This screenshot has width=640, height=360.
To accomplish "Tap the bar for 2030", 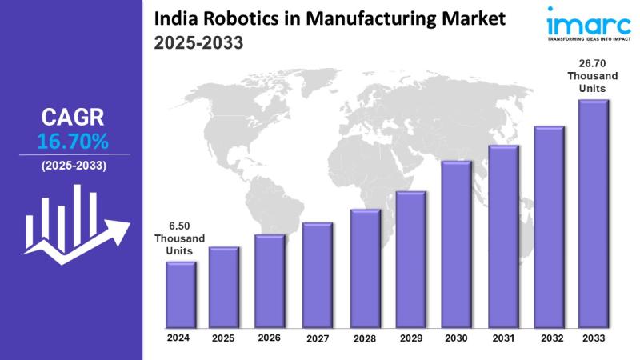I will (x=456, y=244).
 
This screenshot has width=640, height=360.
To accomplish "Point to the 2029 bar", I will (x=410, y=259).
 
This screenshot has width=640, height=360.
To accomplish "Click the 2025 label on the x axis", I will (x=224, y=338).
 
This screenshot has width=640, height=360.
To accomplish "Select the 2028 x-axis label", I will (x=364, y=338).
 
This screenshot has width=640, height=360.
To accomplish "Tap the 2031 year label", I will (x=502, y=338).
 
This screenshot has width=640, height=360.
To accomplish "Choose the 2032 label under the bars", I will (x=549, y=338).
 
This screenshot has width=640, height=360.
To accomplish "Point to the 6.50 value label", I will (x=179, y=226).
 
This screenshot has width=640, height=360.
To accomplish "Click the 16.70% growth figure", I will (x=73, y=142).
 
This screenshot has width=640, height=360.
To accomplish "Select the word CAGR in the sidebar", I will (x=73, y=118).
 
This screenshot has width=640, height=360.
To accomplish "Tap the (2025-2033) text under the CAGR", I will (x=73, y=166).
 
